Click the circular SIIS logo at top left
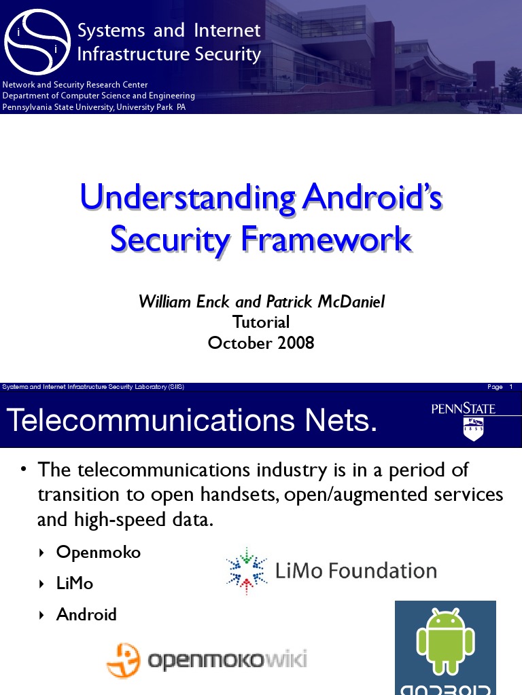tap(37, 41)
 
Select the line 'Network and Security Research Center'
tap(75, 85)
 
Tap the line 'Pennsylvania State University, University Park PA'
tap(94, 107)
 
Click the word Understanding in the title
tap(187, 198)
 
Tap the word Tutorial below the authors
tap(261, 322)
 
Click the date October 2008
tap(261, 343)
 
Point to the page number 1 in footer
tap(510, 387)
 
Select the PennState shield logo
tap(473, 429)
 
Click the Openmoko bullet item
tap(98, 552)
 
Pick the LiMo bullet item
tap(75, 584)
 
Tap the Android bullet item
tap(86, 615)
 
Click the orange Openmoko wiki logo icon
tap(124, 659)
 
